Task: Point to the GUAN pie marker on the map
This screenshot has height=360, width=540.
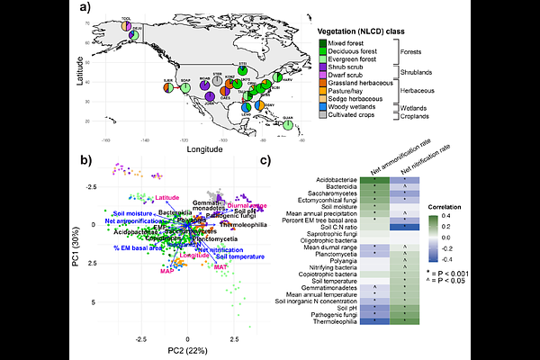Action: pyautogui.click(x=288, y=126)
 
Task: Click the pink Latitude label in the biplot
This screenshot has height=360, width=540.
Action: pyautogui.click(x=167, y=197)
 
